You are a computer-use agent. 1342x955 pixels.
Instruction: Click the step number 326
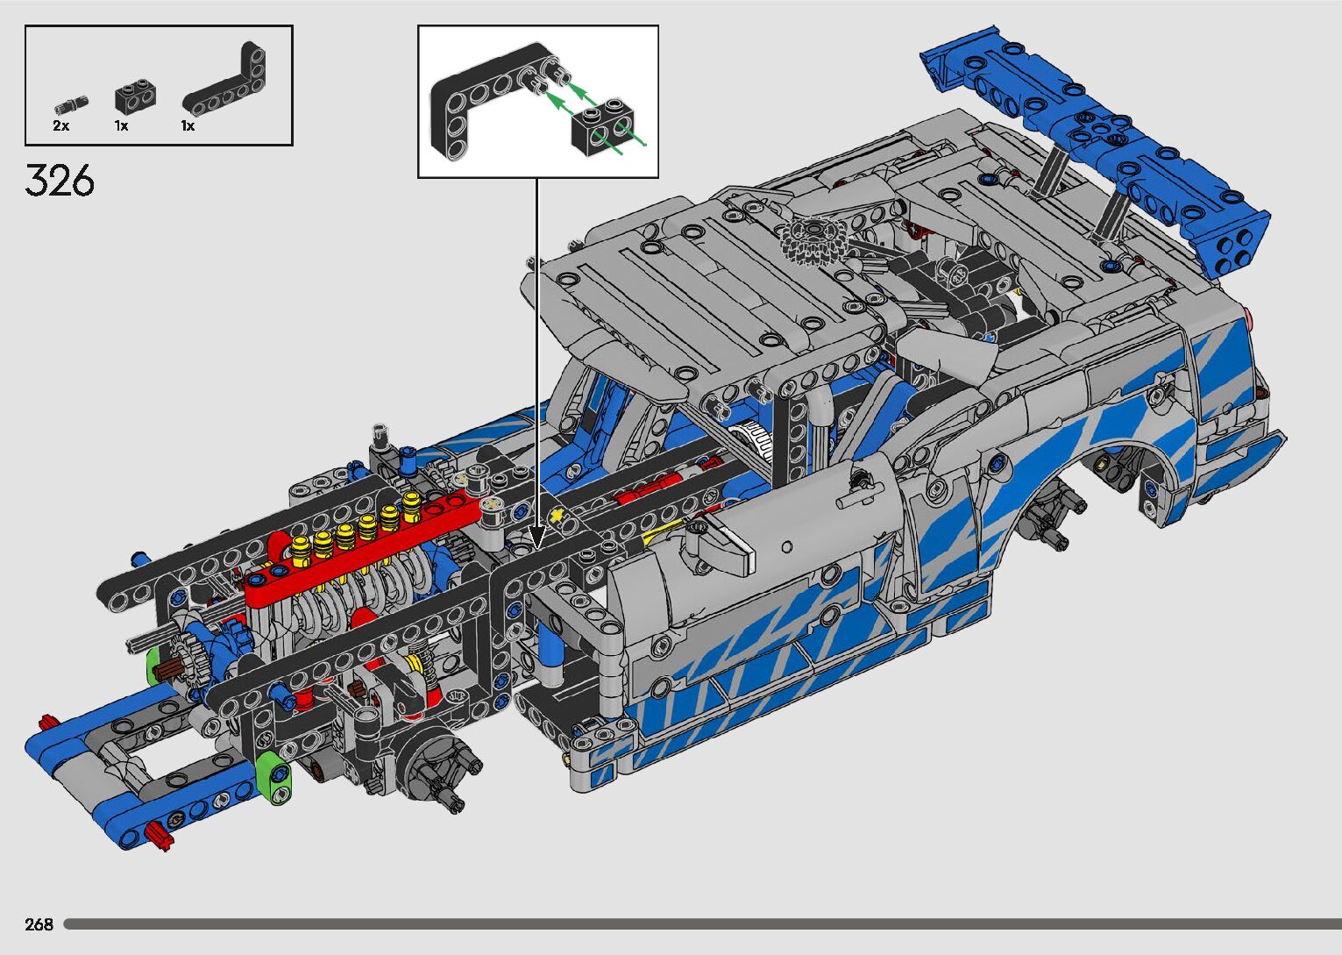[x=60, y=181]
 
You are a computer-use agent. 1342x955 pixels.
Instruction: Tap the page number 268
[x=39, y=924]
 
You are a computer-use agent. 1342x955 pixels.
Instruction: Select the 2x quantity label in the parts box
[x=61, y=126]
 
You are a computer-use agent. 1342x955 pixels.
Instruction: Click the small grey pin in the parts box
[x=71, y=106]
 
